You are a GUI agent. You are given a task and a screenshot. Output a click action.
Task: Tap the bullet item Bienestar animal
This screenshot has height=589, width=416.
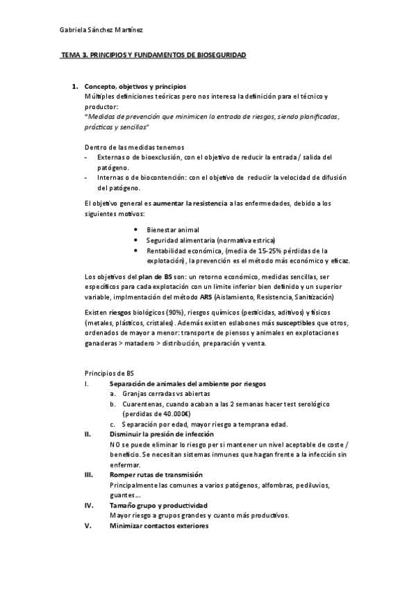172,229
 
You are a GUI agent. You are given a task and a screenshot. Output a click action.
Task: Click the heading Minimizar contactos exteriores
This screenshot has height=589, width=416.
159,526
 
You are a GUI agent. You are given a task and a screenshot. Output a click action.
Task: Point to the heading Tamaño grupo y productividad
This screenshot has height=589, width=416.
158,505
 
